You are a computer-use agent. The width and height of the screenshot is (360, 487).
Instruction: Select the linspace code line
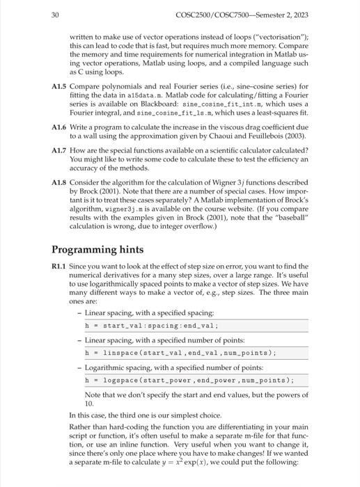tap(180, 353)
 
